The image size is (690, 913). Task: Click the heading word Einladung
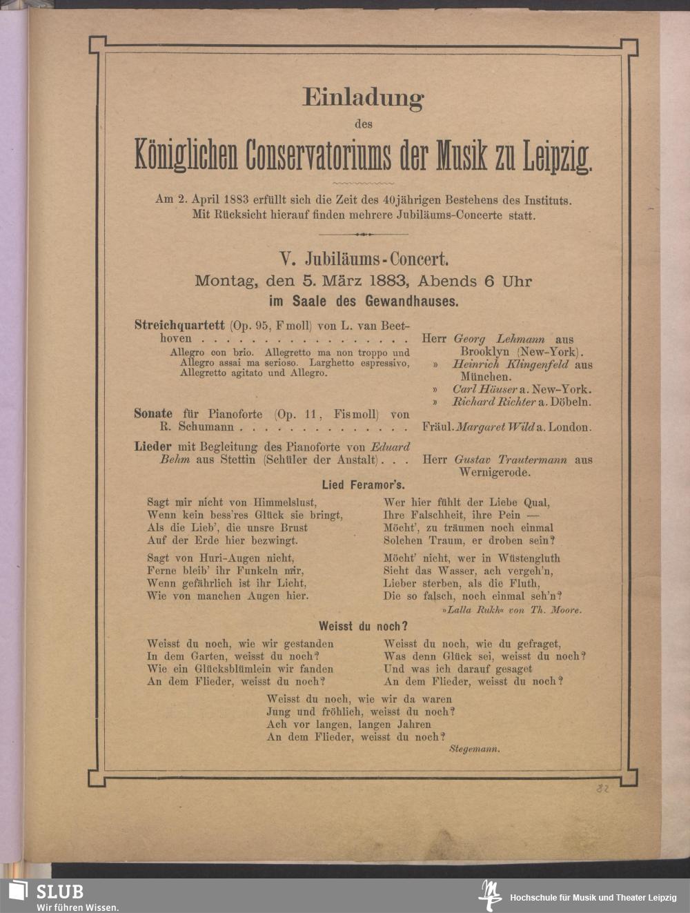pyautogui.click(x=363, y=97)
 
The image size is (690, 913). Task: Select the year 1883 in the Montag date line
pyautogui.click(x=391, y=282)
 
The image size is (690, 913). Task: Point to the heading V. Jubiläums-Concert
pyautogui.click(x=364, y=259)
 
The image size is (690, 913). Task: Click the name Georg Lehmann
pyautogui.click(x=499, y=340)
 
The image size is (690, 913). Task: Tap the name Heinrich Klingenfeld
pyautogui.click(x=511, y=364)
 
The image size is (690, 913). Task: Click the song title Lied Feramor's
pyautogui.click(x=364, y=485)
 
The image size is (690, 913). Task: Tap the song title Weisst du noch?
pyautogui.click(x=363, y=627)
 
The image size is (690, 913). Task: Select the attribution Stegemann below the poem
pyautogui.click(x=474, y=749)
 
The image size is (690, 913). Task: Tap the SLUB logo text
pyautogui.click(x=60, y=891)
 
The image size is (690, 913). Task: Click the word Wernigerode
pyautogui.click(x=495, y=473)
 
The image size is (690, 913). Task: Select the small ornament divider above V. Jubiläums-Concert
pyautogui.click(x=363, y=235)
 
